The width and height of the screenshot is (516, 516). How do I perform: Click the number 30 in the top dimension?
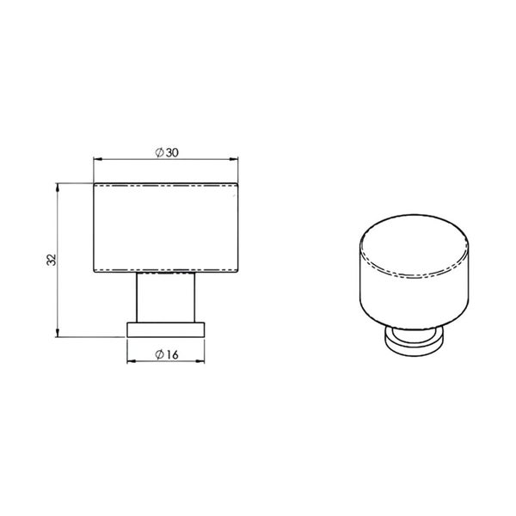click(172, 152)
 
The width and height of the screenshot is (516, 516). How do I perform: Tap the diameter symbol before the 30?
click(160, 152)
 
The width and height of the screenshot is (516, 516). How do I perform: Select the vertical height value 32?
click(51, 260)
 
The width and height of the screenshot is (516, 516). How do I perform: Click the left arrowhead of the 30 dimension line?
click(96, 160)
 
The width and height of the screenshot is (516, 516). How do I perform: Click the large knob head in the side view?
click(166, 228)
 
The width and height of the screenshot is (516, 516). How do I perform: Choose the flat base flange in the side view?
click(166, 329)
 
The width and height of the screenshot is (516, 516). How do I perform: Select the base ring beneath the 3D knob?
click(415, 343)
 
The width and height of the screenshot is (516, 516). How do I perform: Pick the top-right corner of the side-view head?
click(239, 182)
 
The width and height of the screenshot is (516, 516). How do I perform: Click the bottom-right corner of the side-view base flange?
click(206, 337)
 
